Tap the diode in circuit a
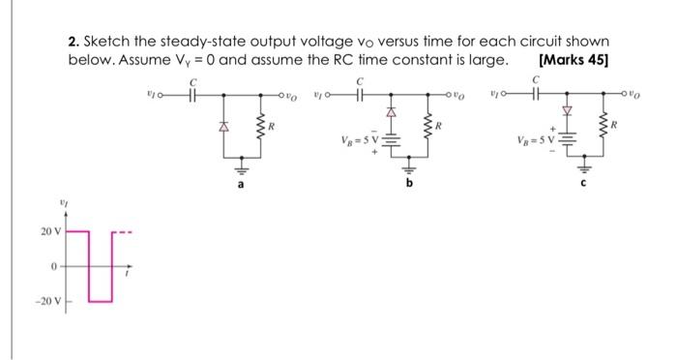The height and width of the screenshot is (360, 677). tap(224, 126)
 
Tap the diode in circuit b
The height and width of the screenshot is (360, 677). tap(393, 113)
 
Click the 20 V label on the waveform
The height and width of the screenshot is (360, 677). tap(50, 231)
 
